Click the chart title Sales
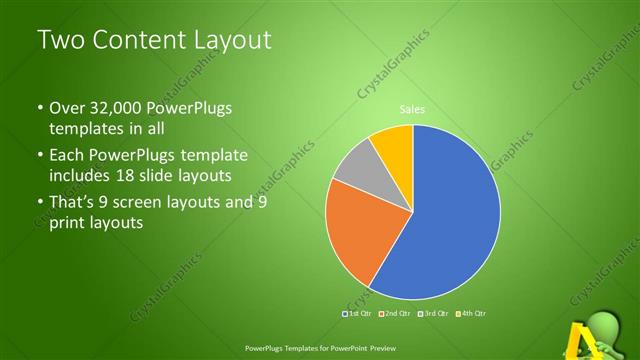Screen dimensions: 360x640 (412, 110)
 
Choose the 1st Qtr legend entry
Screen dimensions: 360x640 (358, 313)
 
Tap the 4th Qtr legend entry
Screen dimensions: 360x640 (474, 313)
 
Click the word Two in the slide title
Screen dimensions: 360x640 (60, 41)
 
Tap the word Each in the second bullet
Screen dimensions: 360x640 (68, 156)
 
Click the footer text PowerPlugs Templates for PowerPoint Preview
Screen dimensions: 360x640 (320, 349)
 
